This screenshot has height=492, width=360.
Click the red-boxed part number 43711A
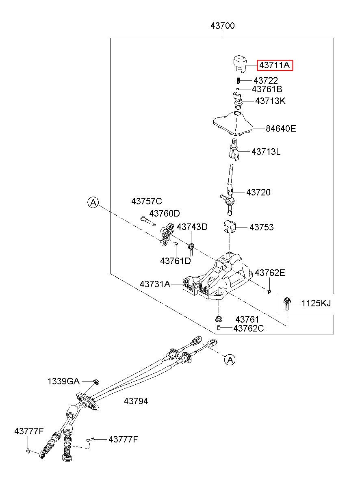(275, 65)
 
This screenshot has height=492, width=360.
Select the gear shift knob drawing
(240, 63)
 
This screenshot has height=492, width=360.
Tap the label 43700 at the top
(223, 26)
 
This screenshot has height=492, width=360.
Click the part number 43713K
(270, 101)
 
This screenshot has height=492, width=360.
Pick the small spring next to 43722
(239, 80)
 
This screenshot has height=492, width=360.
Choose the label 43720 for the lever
(258, 192)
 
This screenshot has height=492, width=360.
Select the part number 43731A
(155, 284)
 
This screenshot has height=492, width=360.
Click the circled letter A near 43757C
(93, 202)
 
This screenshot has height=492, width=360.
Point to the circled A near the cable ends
(230, 360)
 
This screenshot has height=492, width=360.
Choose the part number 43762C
(248, 328)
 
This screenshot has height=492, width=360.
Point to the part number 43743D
(192, 227)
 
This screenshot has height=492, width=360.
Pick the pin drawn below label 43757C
(148, 221)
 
